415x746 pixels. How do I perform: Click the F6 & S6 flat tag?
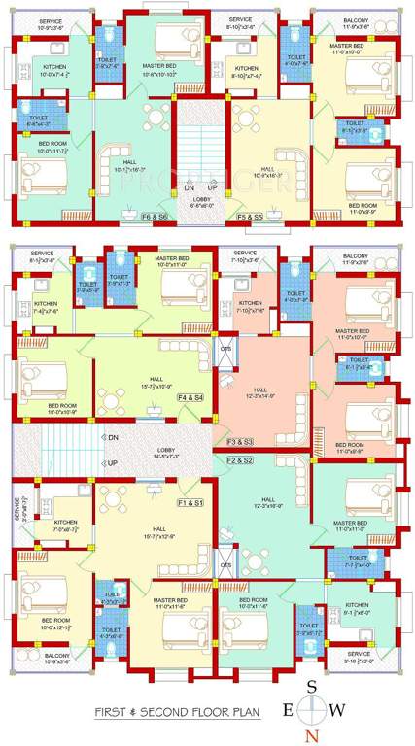point(155,216)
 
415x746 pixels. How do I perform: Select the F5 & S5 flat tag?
point(250,216)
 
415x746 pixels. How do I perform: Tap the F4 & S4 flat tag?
point(190,396)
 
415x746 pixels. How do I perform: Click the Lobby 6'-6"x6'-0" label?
point(202,202)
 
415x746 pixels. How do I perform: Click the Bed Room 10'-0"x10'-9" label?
point(62,408)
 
